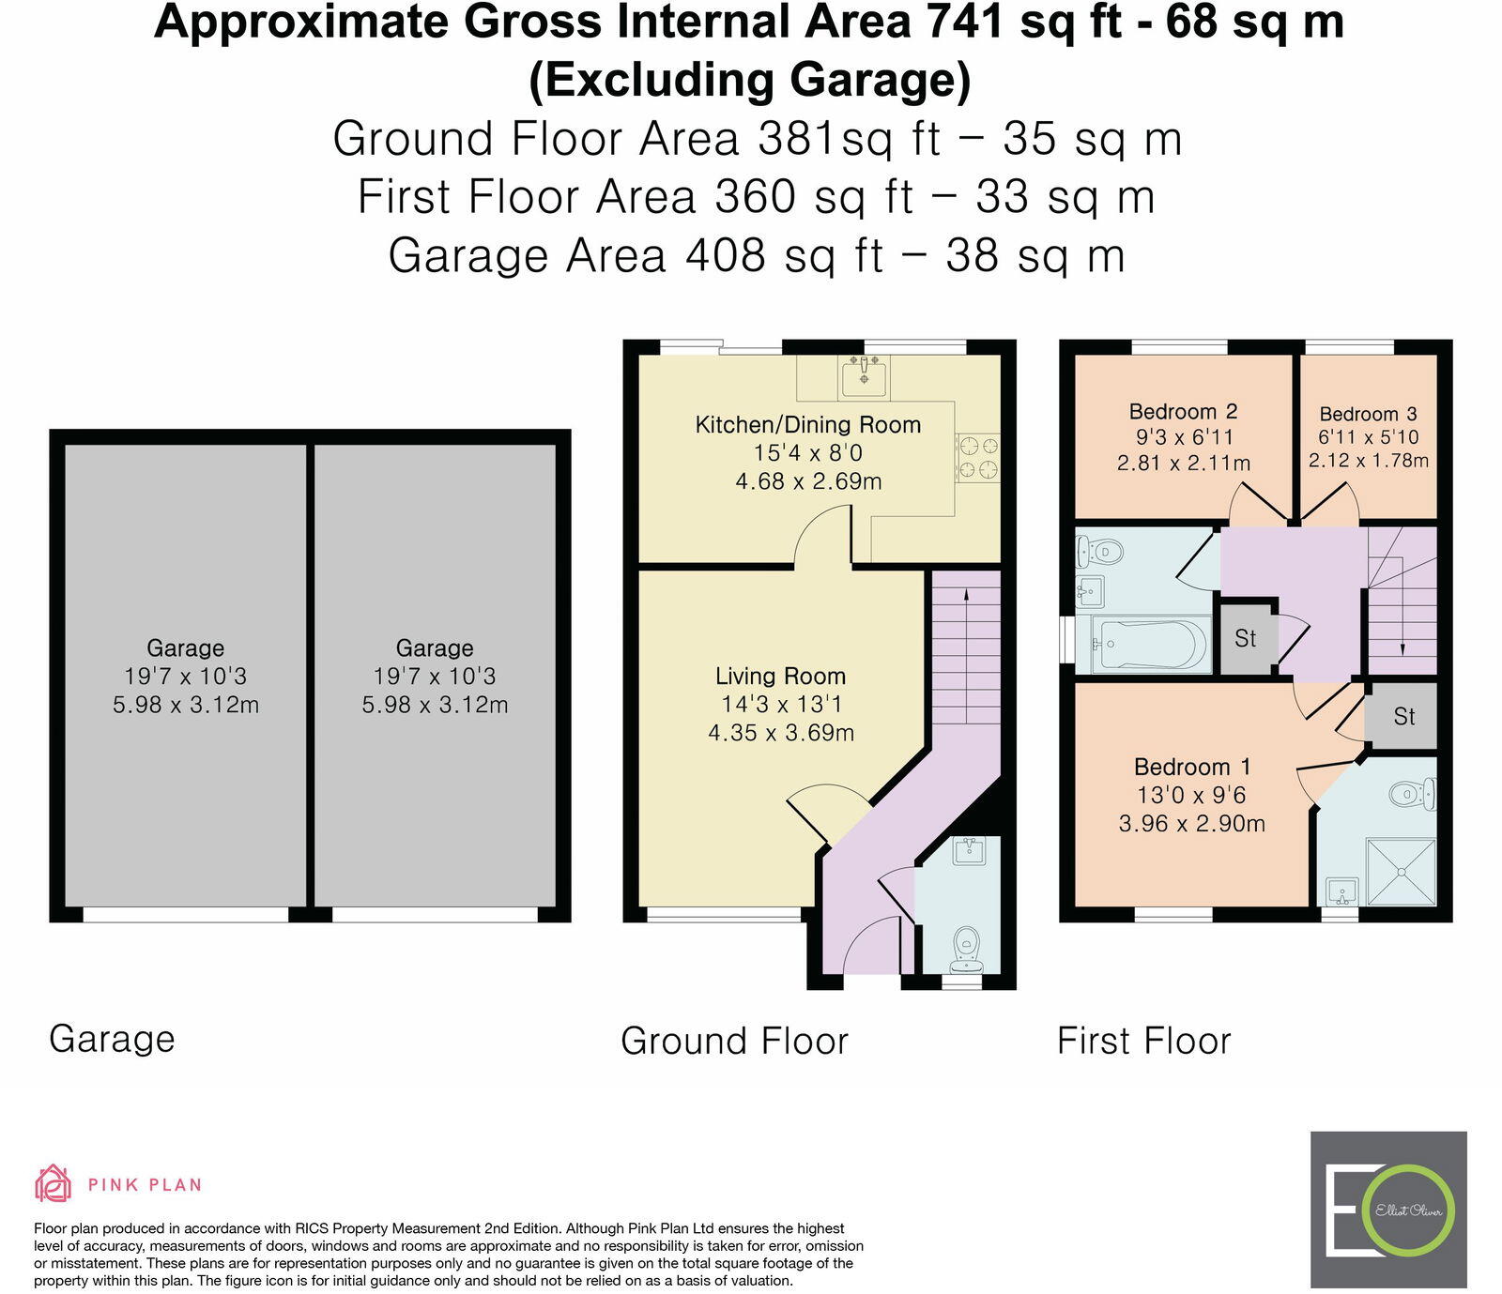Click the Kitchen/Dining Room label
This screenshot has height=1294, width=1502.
pyautogui.click(x=807, y=425)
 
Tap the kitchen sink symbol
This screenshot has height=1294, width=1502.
pyautogui.click(x=864, y=377)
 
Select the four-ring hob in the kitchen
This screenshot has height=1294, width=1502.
pyautogui.click(x=977, y=458)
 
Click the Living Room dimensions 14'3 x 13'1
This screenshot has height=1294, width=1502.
pyautogui.click(x=780, y=705)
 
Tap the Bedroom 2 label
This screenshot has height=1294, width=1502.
pyautogui.click(x=1183, y=412)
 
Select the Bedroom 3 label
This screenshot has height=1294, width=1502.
pyautogui.click(x=1368, y=414)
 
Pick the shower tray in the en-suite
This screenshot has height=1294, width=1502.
pyautogui.click(x=1401, y=872)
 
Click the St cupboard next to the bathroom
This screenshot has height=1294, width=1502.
pyautogui.click(x=1245, y=639)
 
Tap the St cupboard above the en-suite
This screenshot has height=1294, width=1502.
pyautogui.click(x=1403, y=717)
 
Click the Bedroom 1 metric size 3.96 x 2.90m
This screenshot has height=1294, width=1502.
pyautogui.click(x=1191, y=824)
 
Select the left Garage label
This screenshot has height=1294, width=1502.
pyautogui.click(x=185, y=648)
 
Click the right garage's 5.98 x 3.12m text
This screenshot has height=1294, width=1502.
pyautogui.click(x=435, y=705)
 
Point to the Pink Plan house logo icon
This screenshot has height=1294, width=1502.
pyautogui.click(x=54, y=1183)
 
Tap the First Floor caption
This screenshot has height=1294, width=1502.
pyautogui.click(x=1143, y=1041)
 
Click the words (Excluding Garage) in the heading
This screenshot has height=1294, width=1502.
pyautogui.click(x=749, y=80)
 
